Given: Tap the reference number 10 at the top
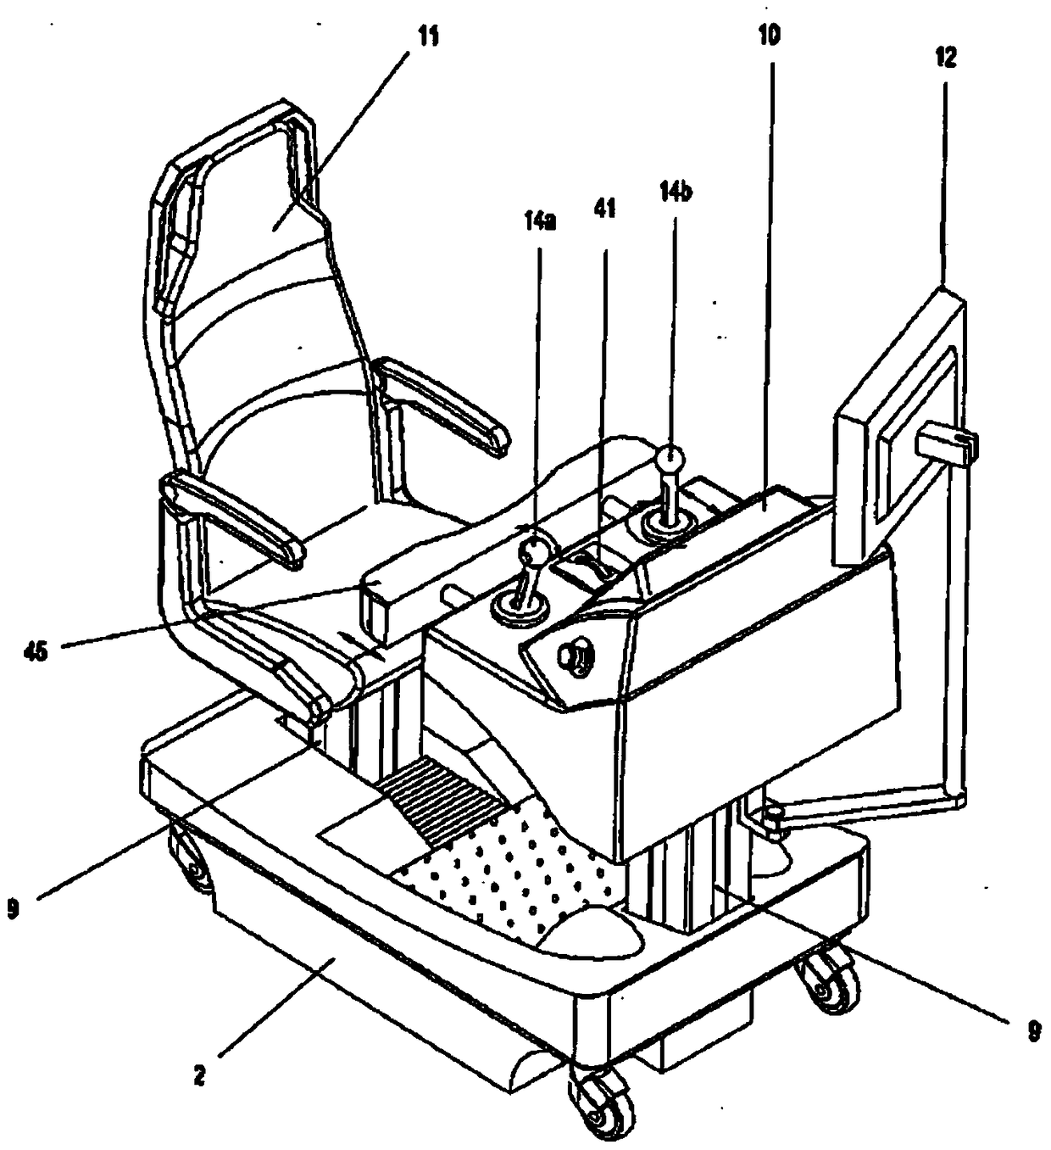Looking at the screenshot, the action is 770,35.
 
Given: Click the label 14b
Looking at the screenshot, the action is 675,193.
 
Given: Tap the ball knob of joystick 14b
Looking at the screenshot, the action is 670,461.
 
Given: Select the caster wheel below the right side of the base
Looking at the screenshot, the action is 823,984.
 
